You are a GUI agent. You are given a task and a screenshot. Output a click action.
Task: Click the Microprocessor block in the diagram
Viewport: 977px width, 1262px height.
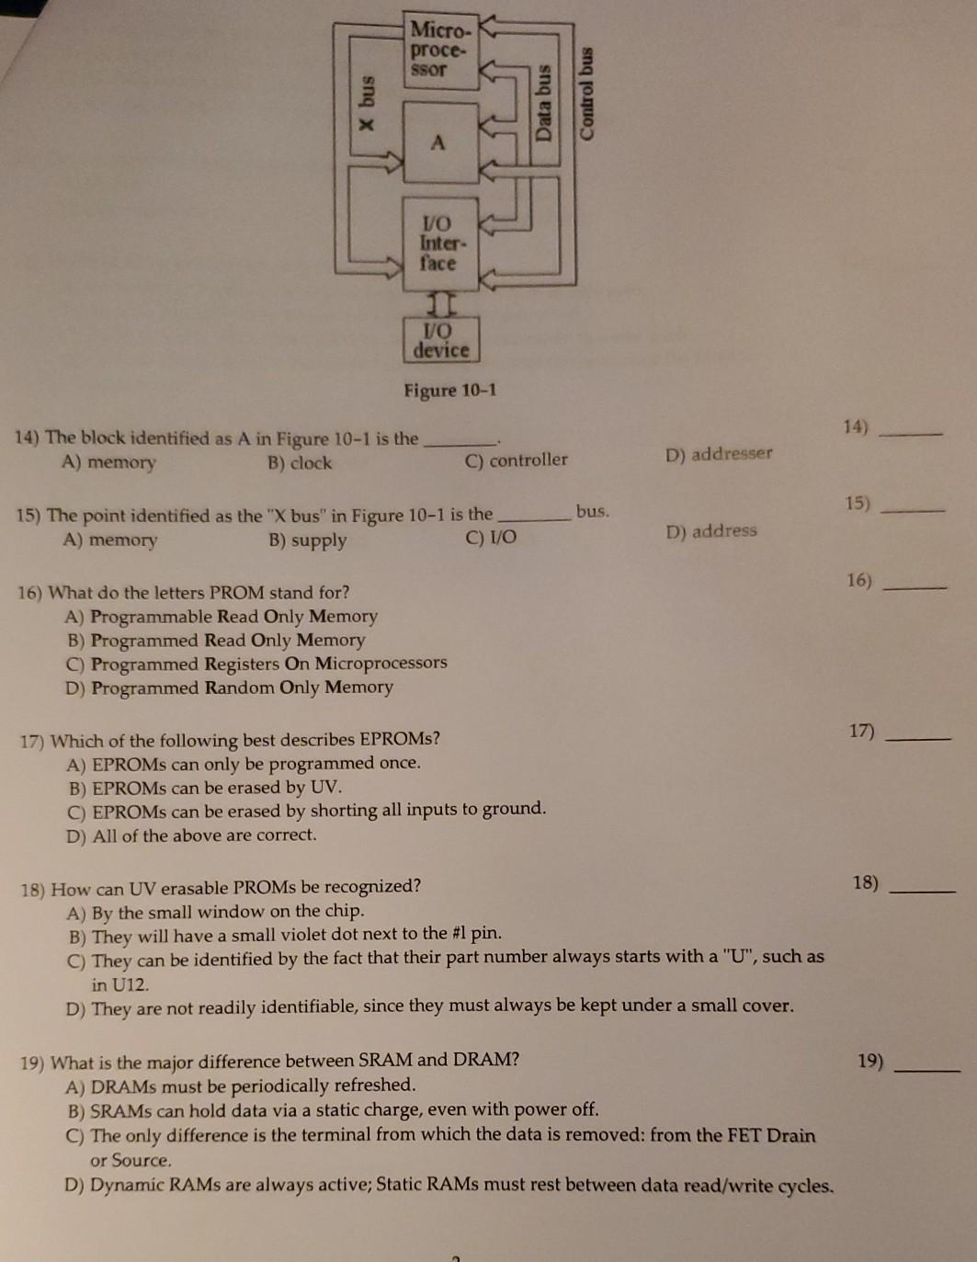442,51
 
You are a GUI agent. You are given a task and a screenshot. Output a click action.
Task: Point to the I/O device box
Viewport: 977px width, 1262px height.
441,340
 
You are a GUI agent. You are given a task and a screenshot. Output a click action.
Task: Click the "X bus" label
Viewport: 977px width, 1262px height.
367,103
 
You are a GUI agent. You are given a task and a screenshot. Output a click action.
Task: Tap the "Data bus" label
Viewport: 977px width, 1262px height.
544,103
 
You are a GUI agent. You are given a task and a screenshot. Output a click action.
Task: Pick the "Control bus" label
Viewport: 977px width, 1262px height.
587,93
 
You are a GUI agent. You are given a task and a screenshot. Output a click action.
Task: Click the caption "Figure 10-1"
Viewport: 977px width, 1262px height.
449,390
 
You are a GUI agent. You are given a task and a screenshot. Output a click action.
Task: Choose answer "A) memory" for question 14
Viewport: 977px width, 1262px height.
108,462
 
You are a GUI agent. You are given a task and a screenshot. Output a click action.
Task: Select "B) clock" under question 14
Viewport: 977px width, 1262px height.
300,462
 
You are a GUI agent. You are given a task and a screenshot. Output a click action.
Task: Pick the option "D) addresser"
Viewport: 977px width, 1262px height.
719,454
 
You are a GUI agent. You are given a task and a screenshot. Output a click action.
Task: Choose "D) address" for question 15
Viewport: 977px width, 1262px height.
711,531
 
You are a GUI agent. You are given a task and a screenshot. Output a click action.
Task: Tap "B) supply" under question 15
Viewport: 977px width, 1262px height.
308,540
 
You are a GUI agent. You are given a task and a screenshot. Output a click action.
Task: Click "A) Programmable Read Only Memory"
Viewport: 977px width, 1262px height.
222,617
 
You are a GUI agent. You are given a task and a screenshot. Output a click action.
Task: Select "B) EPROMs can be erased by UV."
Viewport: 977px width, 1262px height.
205,788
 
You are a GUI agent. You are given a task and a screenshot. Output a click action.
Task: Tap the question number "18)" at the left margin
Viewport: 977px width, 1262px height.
33,890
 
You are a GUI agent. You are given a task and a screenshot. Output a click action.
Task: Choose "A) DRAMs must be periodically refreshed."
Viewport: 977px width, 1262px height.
241,1086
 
